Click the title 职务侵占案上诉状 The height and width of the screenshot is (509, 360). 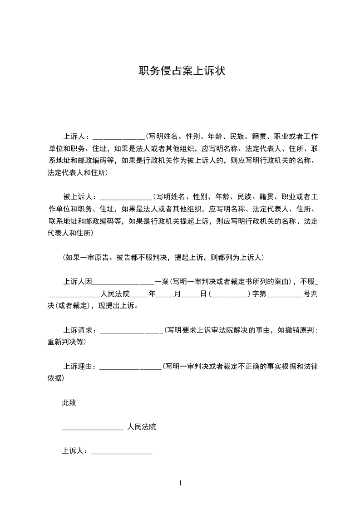(182, 71)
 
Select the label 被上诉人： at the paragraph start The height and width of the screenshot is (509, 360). (79, 197)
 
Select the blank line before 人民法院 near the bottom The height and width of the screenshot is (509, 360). (93, 427)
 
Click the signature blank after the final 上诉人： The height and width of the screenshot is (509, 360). (122, 451)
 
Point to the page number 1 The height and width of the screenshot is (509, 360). (180, 483)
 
